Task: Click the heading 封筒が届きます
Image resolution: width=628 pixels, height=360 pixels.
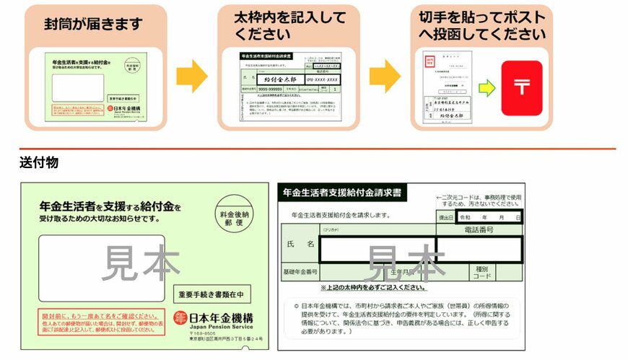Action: point(95,24)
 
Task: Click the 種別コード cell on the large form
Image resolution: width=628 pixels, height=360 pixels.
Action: point(482,272)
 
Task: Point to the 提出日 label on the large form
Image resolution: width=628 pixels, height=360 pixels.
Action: point(446,216)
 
